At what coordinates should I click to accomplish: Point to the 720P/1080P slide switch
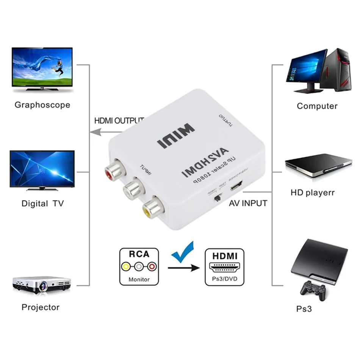[218, 198]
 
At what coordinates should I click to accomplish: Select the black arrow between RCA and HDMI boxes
[183, 268]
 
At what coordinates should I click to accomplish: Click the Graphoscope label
[42, 105]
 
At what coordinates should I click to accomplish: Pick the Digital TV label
[42, 203]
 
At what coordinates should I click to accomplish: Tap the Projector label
[41, 307]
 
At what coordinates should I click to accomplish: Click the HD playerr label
[313, 193]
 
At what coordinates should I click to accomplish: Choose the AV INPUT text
[248, 203]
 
